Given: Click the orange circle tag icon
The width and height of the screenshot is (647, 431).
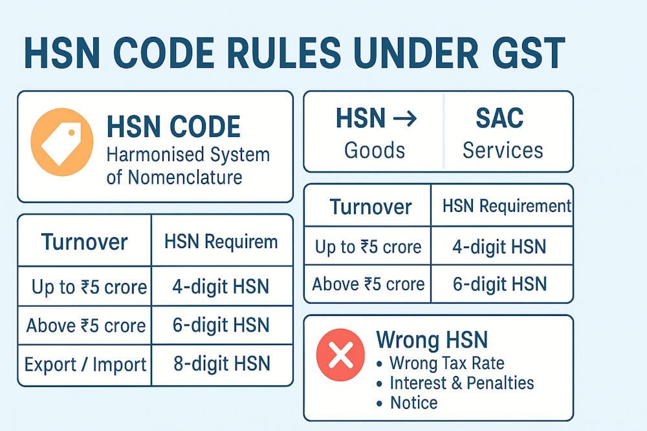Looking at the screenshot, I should coord(62,142).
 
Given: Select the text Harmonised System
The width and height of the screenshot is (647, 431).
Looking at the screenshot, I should coord(188,155).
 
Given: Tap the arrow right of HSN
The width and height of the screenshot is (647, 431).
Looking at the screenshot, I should coord(404,119).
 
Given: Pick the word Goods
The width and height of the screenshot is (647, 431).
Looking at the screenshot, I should coord(375,150).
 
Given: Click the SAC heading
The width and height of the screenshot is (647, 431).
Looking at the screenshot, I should coord(499,119).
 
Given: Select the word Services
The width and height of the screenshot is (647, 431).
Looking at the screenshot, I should coord(503,150).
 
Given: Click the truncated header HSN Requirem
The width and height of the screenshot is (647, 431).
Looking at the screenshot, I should coord(221,242).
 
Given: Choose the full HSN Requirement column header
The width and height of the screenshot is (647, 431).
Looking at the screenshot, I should coord(507,206).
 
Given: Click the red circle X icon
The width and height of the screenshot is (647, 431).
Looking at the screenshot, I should coord(341,355).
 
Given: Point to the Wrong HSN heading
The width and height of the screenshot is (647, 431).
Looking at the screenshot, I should coord(432,340).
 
